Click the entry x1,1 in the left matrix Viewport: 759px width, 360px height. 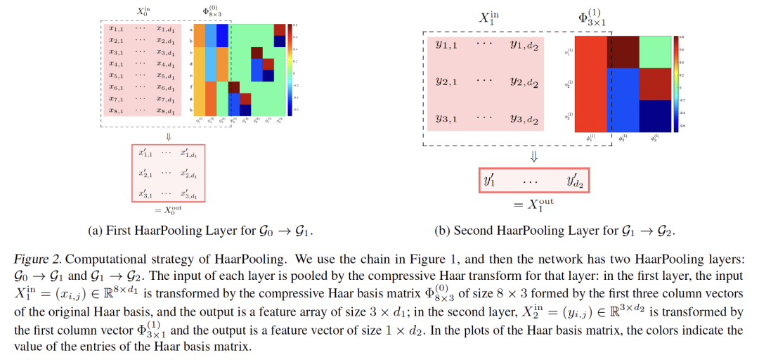(116, 29)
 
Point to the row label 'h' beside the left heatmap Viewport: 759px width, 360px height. (190, 110)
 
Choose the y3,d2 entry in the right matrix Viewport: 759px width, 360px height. (524, 118)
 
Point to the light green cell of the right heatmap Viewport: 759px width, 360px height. (655, 51)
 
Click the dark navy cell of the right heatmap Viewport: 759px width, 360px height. (655, 116)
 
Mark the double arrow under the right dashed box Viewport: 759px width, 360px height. (533, 156)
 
